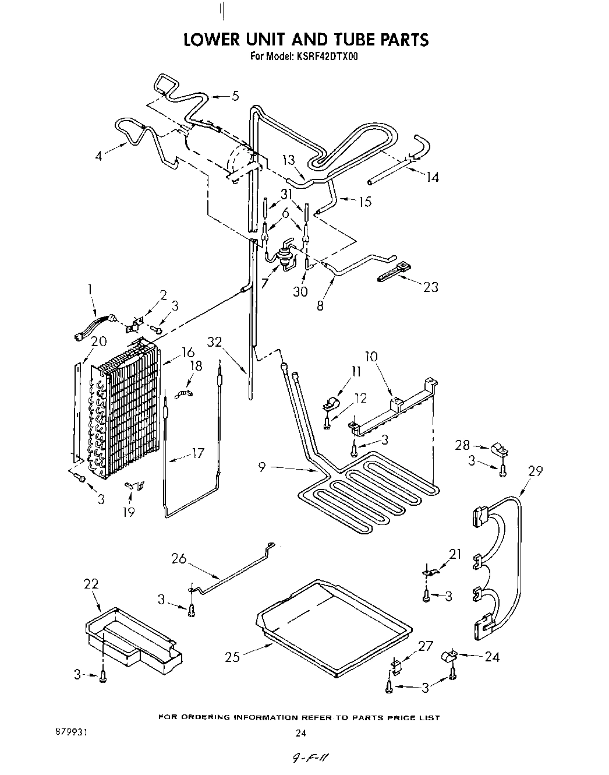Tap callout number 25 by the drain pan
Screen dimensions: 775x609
pos(232,657)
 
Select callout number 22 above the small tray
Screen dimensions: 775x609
pos(91,584)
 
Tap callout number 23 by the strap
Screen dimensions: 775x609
pos(430,287)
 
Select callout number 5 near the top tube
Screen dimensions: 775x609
pos(235,96)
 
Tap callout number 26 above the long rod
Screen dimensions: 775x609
pos(179,558)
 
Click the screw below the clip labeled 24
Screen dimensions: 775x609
pos(452,675)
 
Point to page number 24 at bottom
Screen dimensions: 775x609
pos(301,733)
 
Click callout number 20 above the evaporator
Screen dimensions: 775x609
pos(98,341)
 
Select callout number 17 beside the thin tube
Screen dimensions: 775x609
pos(198,453)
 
